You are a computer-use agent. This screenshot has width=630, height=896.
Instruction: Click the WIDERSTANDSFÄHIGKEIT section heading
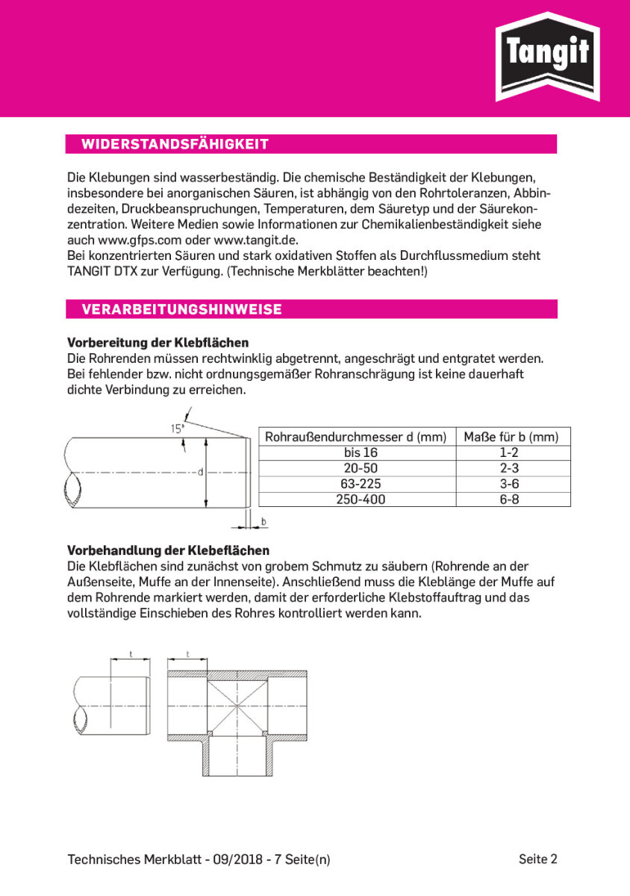[x=175, y=144]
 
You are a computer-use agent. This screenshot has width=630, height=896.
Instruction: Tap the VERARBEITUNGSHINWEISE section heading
[x=181, y=309]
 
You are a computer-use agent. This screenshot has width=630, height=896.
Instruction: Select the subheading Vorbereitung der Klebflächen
[x=158, y=343]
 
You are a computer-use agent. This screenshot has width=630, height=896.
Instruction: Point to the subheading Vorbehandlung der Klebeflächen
[x=168, y=550]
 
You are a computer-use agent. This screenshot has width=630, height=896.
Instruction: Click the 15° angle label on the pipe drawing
[x=177, y=429]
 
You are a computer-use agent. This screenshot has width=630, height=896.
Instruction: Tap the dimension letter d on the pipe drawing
[x=200, y=472]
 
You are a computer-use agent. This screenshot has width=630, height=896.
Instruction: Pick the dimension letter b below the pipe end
[x=263, y=520]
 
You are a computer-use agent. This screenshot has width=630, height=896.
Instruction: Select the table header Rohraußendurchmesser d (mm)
[x=356, y=437]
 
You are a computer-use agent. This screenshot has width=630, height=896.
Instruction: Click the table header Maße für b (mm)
[x=511, y=437]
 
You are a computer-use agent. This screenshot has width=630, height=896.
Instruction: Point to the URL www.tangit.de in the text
[x=256, y=240]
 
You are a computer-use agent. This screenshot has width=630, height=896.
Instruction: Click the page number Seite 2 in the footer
[x=538, y=859]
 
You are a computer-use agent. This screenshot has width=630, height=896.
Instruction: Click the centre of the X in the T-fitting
[x=237, y=706]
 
